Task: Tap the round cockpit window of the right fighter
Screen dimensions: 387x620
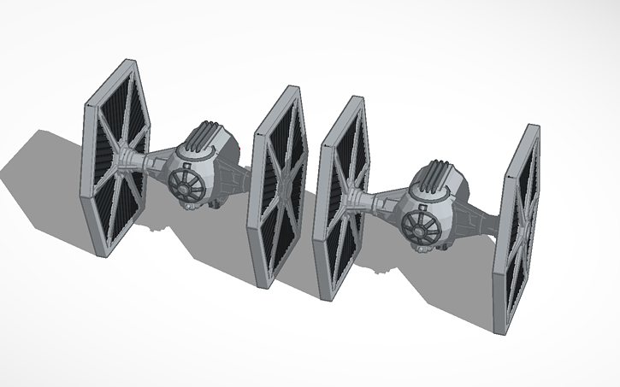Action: pyautogui.click(x=417, y=225)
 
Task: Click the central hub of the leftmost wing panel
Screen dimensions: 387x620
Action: pyautogui.click(x=127, y=158)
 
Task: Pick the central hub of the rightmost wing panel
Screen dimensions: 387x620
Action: pyautogui.click(x=520, y=226)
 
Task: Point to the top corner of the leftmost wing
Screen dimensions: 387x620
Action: pyautogui.click(x=133, y=62)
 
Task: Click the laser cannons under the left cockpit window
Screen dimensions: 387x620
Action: pyautogui.click(x=190, y=204)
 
